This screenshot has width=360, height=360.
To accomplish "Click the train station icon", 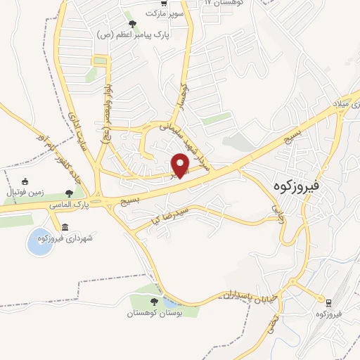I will [328, 302].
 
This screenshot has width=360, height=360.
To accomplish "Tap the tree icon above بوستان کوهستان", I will [154, 302].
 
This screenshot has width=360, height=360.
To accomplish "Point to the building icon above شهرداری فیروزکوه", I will [65, 227].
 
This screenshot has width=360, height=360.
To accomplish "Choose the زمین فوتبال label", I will [25, 192].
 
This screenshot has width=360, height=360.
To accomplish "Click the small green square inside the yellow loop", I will [100, 61].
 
